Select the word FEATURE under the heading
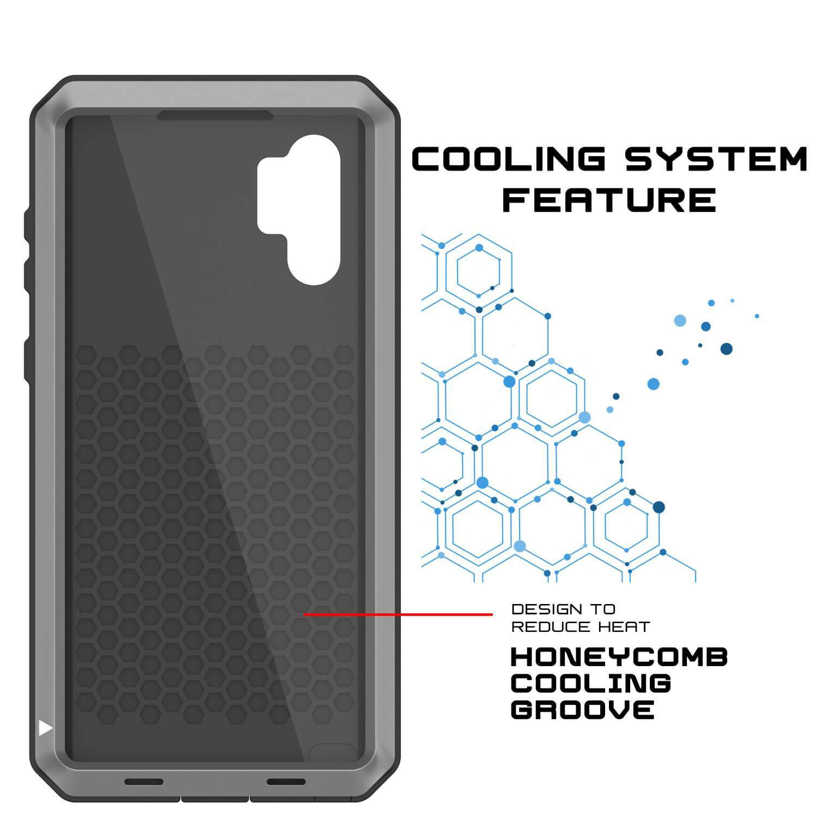pyautogui.click(x=609, y=200)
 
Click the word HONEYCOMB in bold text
pyautogui.click(x=619, y=657)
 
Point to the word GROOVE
pyautogui.click(x=582, y=710)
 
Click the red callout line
pyautogui.click(x=398, y=614)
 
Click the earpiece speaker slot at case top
pyautogui.click(x=215, y=116)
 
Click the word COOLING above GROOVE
pyautogui.click(x=591, y=684)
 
